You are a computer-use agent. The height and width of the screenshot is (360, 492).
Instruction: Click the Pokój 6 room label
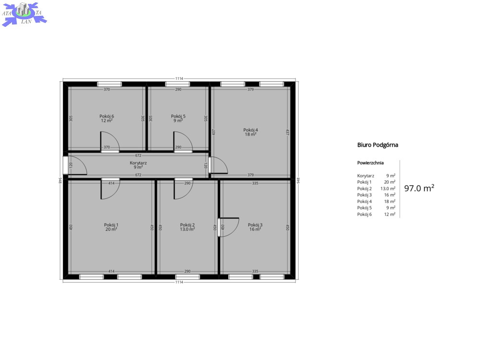point(107,116)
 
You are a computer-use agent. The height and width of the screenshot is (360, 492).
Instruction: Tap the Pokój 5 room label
point(178,116)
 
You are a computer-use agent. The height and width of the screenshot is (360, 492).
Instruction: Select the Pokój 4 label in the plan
point(251,130)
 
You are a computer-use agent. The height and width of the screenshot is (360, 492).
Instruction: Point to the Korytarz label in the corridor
point(138,163)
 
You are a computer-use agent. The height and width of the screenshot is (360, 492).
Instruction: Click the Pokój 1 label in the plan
point(111,225)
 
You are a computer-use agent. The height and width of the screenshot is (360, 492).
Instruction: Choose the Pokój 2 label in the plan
point(187,225)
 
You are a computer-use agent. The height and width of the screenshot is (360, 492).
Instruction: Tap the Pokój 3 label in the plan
point(255,225)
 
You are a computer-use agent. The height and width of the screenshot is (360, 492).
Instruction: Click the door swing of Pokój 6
point(110,142)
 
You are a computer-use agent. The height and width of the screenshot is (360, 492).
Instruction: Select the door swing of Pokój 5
point(183,142)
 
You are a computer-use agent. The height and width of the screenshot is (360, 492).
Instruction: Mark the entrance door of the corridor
point(75,165)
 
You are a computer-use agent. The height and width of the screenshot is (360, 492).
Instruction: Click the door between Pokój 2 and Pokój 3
point(229,227)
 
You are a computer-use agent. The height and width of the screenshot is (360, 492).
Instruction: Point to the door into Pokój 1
point(110,189)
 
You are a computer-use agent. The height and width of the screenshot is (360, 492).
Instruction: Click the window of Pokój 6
point(109,84)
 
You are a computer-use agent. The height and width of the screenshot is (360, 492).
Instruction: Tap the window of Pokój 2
point(187,277)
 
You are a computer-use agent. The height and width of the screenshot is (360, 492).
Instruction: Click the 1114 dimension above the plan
point(179,78)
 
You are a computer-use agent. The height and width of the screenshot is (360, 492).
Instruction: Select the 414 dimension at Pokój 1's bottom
point(111,271)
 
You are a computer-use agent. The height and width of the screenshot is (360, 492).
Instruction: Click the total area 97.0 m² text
point(419,188)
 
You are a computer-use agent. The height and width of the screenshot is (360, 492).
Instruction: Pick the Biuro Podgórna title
point(378,145)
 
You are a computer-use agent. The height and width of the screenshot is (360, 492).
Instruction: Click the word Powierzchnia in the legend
point(370,163)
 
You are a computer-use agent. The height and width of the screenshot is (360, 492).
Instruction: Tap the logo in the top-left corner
point(24,14)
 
